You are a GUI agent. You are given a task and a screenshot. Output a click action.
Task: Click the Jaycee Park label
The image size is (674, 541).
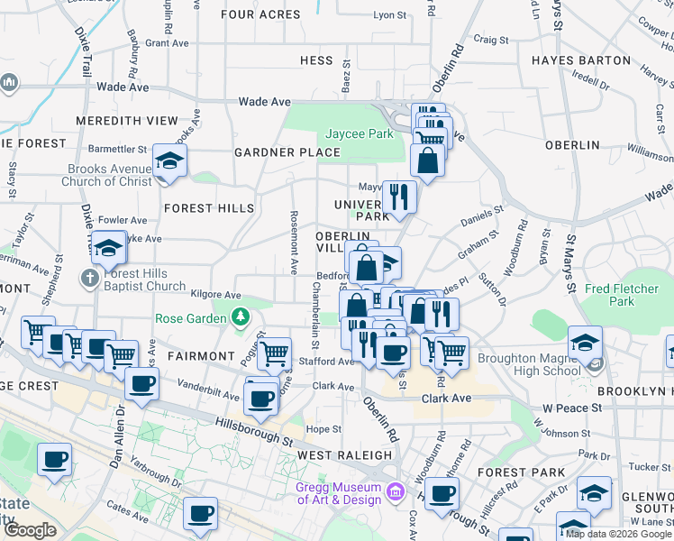[x=360, y=133]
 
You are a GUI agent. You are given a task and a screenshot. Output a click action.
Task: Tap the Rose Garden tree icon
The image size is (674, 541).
[x=240, y=317]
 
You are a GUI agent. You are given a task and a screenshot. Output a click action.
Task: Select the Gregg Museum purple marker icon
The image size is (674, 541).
[x=394, y=492]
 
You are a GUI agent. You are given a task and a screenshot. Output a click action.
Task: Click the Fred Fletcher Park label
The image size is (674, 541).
[x=622, y=295]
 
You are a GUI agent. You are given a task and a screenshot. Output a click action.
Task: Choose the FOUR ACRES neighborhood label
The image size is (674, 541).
[x=260, y=14]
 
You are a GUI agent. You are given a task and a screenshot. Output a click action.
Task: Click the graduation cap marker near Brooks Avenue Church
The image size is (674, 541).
[x=168, y=160]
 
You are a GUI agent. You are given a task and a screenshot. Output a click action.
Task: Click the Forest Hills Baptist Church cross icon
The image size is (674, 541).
[x=88, y=280]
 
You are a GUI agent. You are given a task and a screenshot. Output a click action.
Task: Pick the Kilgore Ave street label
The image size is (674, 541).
[x=215, y=295]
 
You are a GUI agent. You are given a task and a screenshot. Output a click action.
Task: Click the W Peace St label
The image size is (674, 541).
[x=571, y=408]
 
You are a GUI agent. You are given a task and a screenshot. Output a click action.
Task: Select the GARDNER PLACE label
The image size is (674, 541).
[x=287, y=152]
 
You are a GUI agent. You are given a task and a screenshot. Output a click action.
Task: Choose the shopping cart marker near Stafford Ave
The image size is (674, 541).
[x=274, y=353]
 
